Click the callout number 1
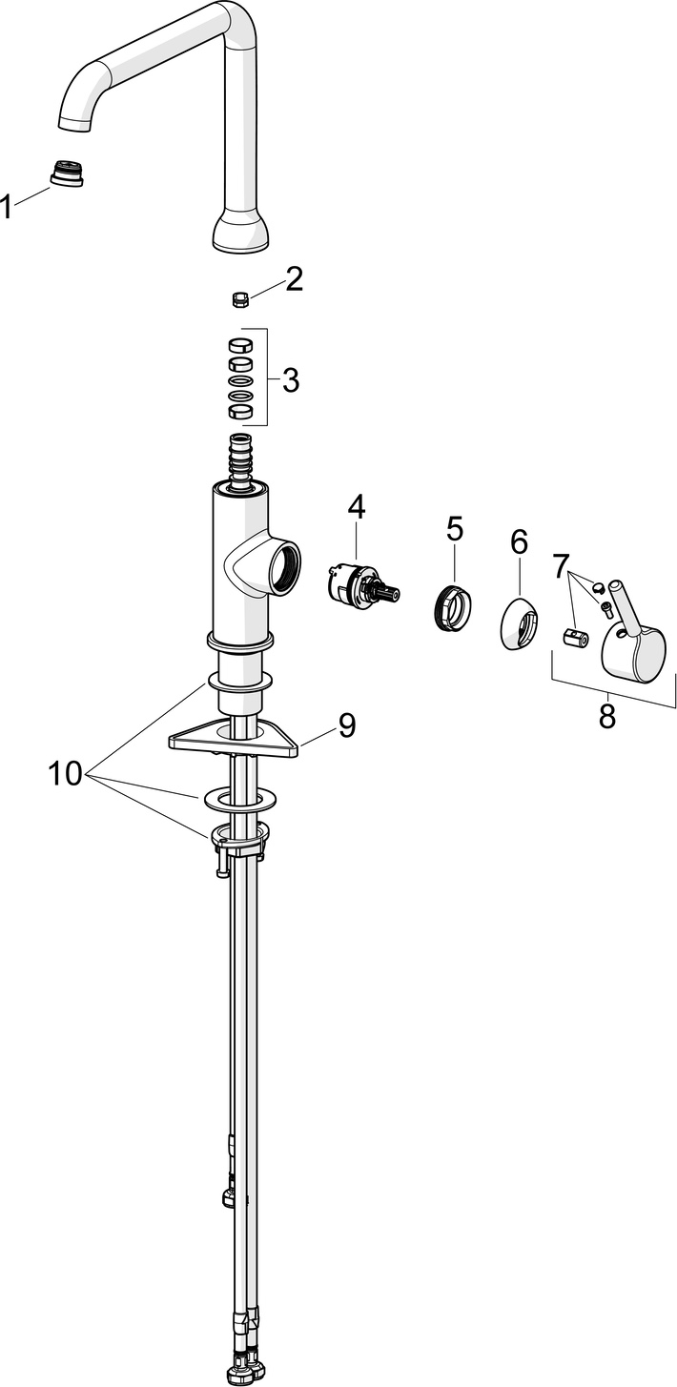pos(8,206)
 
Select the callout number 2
pos(293,278)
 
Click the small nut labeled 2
pos(240,300)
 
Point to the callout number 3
pos(290,379)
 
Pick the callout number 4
pos(356,507)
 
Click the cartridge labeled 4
pos(359,584)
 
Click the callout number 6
pos(519,541)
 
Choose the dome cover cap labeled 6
pos(519,623)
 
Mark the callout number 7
pos(562,566)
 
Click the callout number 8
pos(607,715)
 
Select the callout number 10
pos(65,773)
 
